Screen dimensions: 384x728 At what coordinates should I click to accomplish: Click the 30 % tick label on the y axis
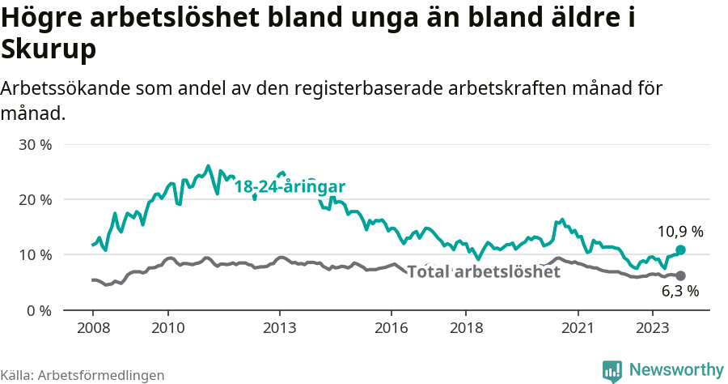[x=35, y=145]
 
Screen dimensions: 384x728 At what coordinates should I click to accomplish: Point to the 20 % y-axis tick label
[x=35, y=200]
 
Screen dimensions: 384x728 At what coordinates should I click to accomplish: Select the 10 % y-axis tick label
[x=35, y=255]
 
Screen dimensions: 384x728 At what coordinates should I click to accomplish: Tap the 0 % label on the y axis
[x=39, y=310]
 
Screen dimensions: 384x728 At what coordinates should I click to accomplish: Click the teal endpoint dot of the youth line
[x=680, y=250]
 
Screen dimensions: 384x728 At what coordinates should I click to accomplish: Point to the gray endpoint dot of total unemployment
[x=680, y=275]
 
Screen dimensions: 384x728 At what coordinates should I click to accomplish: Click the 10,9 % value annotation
[x=679, y=232]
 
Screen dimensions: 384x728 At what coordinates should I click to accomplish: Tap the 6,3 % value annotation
[x=679, y=292]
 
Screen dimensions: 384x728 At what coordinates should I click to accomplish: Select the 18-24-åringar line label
[x=290, y=187]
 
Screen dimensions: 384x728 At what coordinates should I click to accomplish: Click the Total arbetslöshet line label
[x=483, y=272]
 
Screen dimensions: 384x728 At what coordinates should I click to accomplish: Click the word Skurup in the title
[x=49, y=50]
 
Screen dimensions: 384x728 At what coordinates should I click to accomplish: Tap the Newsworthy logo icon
[x=612, y=370]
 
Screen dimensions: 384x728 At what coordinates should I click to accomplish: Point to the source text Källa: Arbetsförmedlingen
[x=83, y=375]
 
